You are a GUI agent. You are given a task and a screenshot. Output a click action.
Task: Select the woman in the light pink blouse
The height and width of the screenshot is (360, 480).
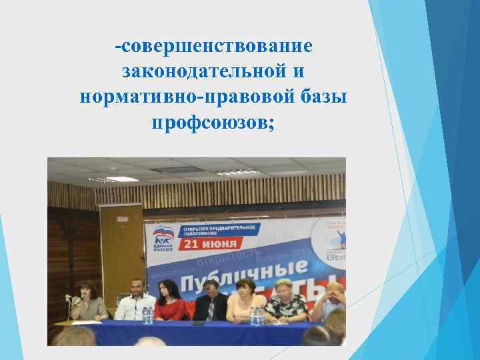tap(246, 303)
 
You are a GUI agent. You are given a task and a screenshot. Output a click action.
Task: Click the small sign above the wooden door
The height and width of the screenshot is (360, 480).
tap(121, 218)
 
